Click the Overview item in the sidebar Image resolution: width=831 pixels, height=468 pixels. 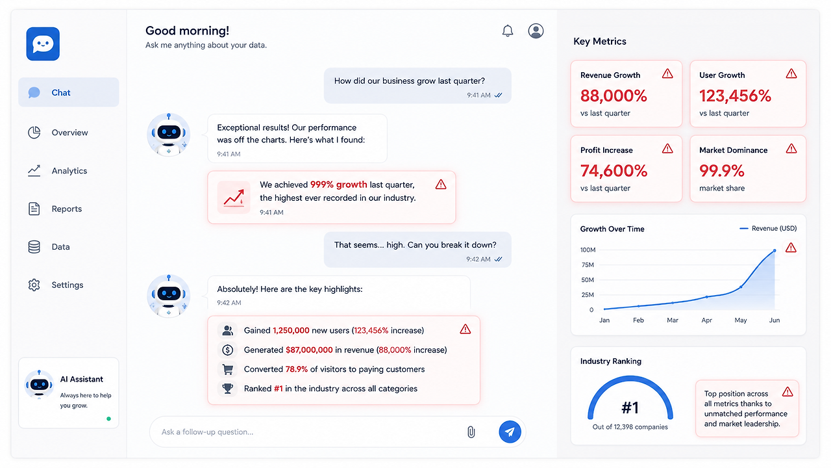(58, 133)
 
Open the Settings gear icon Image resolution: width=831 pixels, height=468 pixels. (34, 285)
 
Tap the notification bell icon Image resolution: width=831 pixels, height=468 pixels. (508, 31)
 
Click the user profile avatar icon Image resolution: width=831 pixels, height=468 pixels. (536, 31)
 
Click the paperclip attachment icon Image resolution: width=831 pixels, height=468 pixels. (471, 432)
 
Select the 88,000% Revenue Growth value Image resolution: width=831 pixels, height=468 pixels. (614, 96)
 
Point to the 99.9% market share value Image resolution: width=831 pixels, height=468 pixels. (721, 171)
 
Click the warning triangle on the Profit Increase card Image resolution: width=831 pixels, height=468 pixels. (667, 149)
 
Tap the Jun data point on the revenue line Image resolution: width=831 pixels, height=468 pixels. (775, 251)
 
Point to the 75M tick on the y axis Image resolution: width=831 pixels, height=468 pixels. (588, 265)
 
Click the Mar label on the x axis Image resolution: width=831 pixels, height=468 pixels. (672, 320)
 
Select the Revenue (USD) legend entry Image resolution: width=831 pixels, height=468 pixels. (768, 228)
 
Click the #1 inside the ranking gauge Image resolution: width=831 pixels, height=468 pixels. (630, 408)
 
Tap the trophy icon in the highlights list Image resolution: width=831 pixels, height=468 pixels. (227, 389)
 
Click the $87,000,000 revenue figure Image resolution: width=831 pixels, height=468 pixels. (309, 350)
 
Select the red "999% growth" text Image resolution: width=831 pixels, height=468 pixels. (338, 185)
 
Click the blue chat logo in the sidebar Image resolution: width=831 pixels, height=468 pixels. (43, 44)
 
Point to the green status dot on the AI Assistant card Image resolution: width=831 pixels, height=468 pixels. (108, 419)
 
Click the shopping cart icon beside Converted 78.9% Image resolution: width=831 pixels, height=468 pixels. (227, 369)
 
